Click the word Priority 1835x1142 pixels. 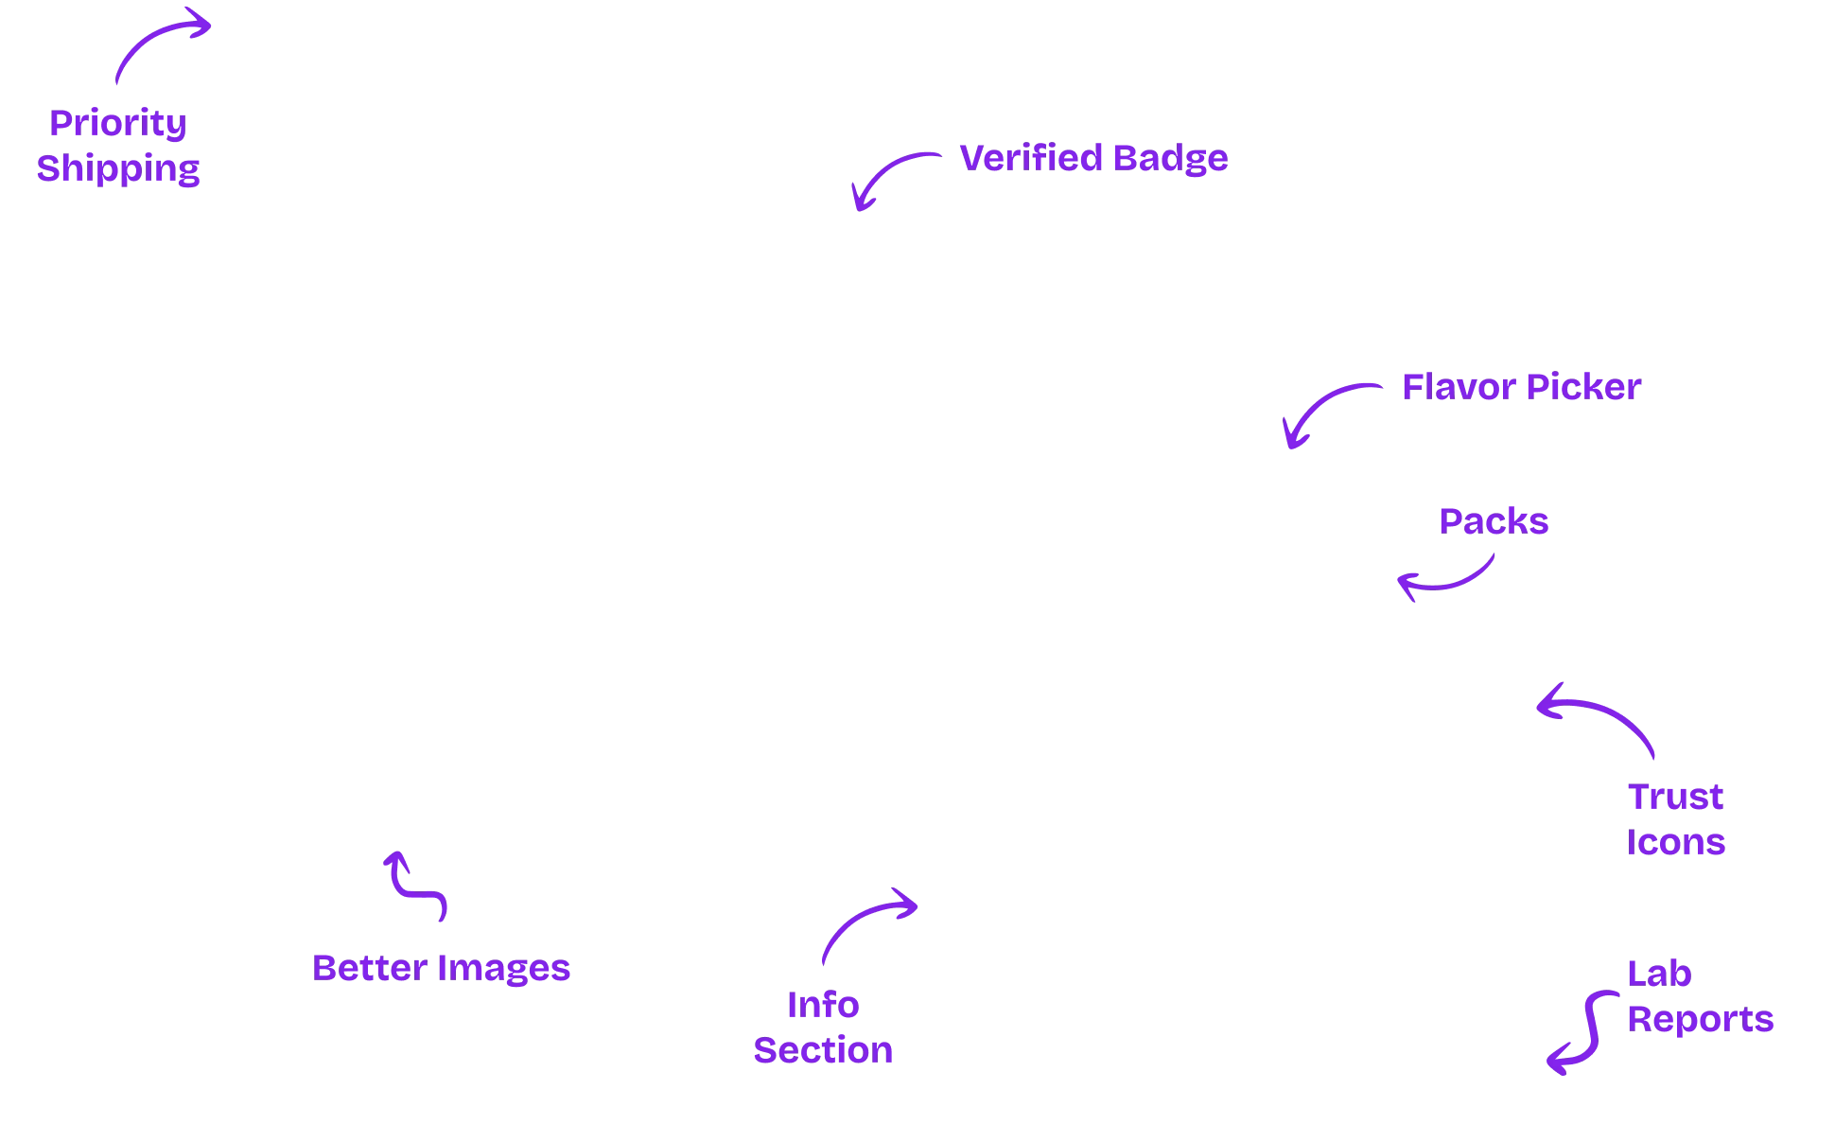(118, 123)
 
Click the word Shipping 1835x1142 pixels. (118, 168)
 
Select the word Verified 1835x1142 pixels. (1030, 158)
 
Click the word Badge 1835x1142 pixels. (1170, 158)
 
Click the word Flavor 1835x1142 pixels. (1455, 387)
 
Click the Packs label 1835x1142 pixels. (1494, 521)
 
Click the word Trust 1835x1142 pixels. (1675, 796)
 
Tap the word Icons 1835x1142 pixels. (1675, 841)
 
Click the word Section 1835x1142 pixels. (822, 1050)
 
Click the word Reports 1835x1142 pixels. (1701, 1019)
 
